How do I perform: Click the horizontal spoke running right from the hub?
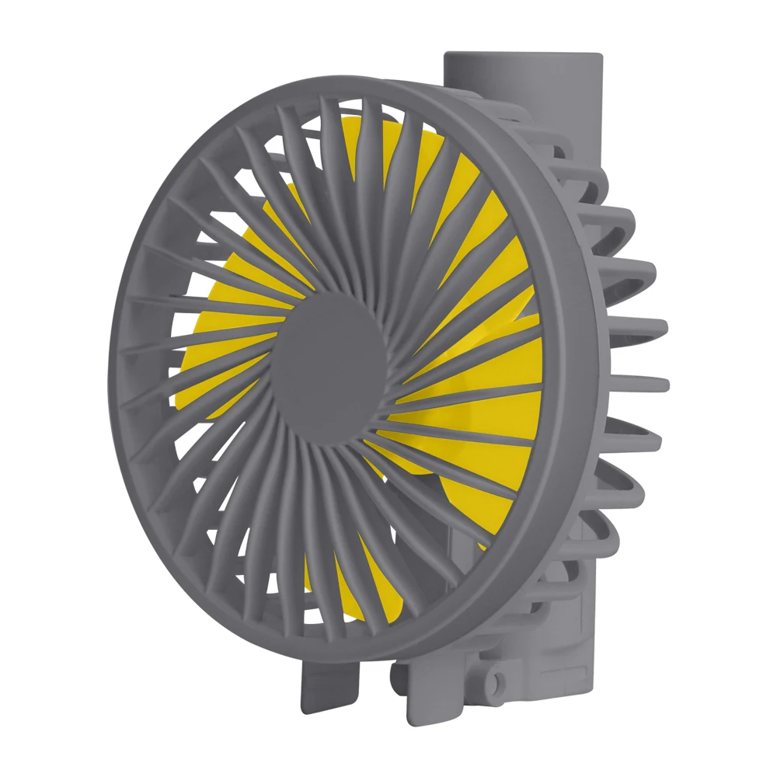(466, 392)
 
